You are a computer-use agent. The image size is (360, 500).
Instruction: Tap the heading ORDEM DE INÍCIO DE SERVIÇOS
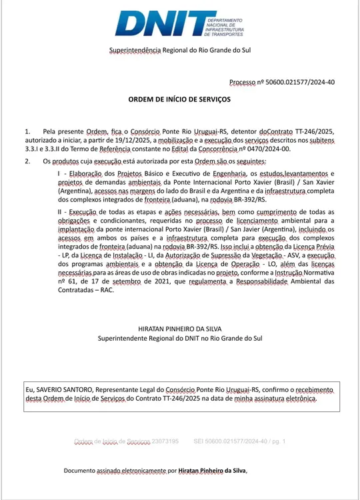pos(179,99)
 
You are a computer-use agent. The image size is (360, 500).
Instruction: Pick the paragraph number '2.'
pos(28,161)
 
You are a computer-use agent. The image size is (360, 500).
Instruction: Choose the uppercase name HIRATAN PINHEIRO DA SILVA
pos(180,329)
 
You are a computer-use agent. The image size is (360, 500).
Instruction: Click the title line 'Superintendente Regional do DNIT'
pos(180,339)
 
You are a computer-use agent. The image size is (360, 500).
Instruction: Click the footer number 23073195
pos(165,441)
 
